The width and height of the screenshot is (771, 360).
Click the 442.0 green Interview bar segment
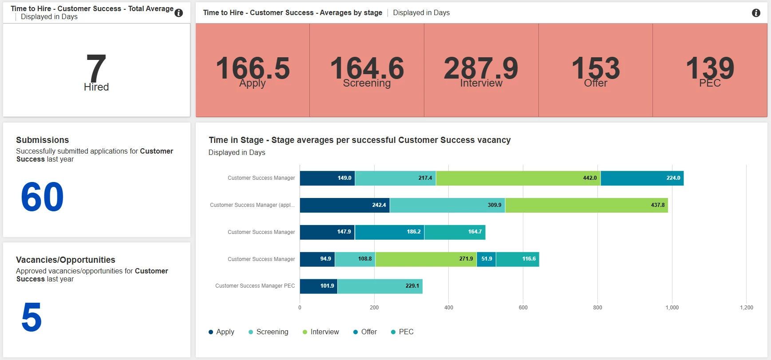pyautogui.click(x=518, y=178)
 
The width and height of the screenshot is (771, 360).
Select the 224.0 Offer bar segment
pyautogui.click(x=642, y=178)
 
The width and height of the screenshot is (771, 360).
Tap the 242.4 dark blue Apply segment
pyautogui.click(x=344, y=205)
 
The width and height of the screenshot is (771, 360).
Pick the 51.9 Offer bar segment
pyautogui.click(x=486, y=259)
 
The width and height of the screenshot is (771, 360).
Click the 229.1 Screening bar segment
pyautogui.click(x=380, y=286)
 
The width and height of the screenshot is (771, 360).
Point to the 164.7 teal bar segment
pyautogui.click(x=455, y=232)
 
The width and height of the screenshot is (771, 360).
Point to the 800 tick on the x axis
pyautogui.click(x=597, y=308)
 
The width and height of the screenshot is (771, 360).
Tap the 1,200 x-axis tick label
pyautogui.click(x=746, y=308)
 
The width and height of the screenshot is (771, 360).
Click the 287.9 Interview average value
pyautogui.click(x=481, y=68)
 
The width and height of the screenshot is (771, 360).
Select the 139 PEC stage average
pyautogui.click(x=710, y=68)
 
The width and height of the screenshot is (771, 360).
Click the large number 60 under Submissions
pyautogui.click(x=43, y=197)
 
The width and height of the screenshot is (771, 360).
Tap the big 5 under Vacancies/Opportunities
pyautogui.click(x=32, y=317)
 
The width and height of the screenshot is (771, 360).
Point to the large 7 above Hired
pyautogui.click(x=96, y=67)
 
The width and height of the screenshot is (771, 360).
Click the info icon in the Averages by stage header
pyautogui.click(x=756, y=13)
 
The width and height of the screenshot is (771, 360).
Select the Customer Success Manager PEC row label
pyautogui.click(x=255, y=286)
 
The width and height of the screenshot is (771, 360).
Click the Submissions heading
pyautogui.click(x=43, y=140)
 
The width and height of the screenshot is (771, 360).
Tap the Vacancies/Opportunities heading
pyautogui.click(x=66, y=260)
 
